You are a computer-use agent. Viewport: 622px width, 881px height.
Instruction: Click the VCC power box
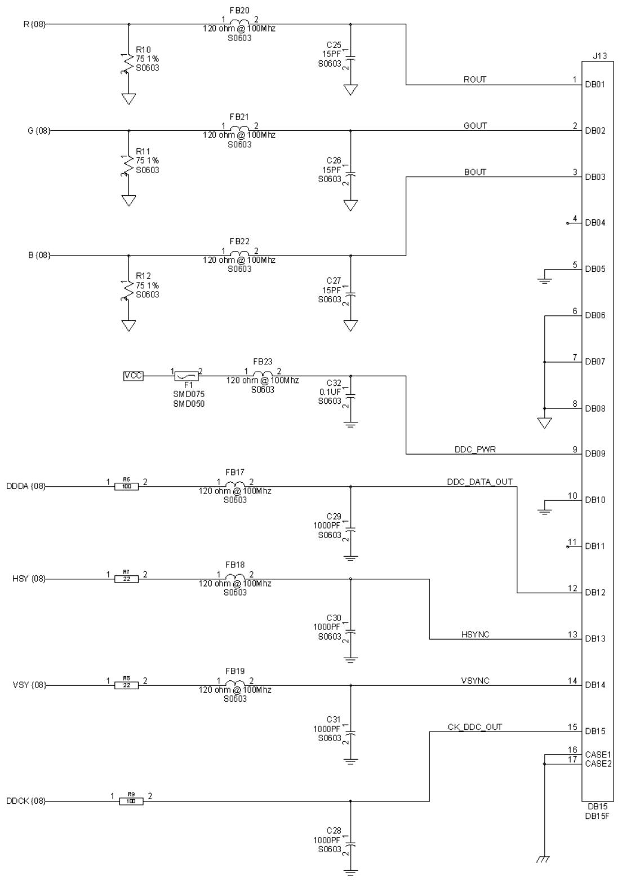(x=133, y=376)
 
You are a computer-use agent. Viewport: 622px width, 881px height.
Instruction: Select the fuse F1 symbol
(x=186, y=376)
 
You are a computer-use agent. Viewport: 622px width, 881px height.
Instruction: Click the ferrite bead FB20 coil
(x=239, y=22)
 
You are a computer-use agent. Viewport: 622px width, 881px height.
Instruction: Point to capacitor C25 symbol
(x=350, y=58)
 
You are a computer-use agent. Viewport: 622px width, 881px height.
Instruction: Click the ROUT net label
(x=474, y=80)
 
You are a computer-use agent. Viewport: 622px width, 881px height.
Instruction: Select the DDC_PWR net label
(x=475, y=449)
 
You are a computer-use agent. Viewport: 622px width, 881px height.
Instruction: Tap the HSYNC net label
(x=475, y=635)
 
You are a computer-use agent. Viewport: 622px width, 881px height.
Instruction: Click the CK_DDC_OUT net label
(x=475, y=727)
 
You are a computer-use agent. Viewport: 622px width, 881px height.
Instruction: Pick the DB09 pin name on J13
(x=595, y=453)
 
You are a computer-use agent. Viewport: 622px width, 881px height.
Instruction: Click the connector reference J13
(x=599, y=56)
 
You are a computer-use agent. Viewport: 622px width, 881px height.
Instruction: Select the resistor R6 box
(x=127, y=487)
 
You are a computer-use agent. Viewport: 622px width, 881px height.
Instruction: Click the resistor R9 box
(x=131, y=801)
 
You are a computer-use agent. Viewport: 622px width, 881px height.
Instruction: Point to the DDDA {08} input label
(x=26, y=486)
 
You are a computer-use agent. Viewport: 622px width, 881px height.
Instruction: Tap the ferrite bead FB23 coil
(x=263, y=373)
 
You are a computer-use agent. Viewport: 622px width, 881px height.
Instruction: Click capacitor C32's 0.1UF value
(x=330, y=392)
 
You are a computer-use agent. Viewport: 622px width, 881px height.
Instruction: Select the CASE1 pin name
(x=598, y=754)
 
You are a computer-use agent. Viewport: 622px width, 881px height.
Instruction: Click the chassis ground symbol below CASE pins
(x=544, y=860)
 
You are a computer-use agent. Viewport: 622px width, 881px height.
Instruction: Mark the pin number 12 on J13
(x=572, y=588)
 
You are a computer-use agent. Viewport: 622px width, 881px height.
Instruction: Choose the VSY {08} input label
(x=29, y=685)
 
